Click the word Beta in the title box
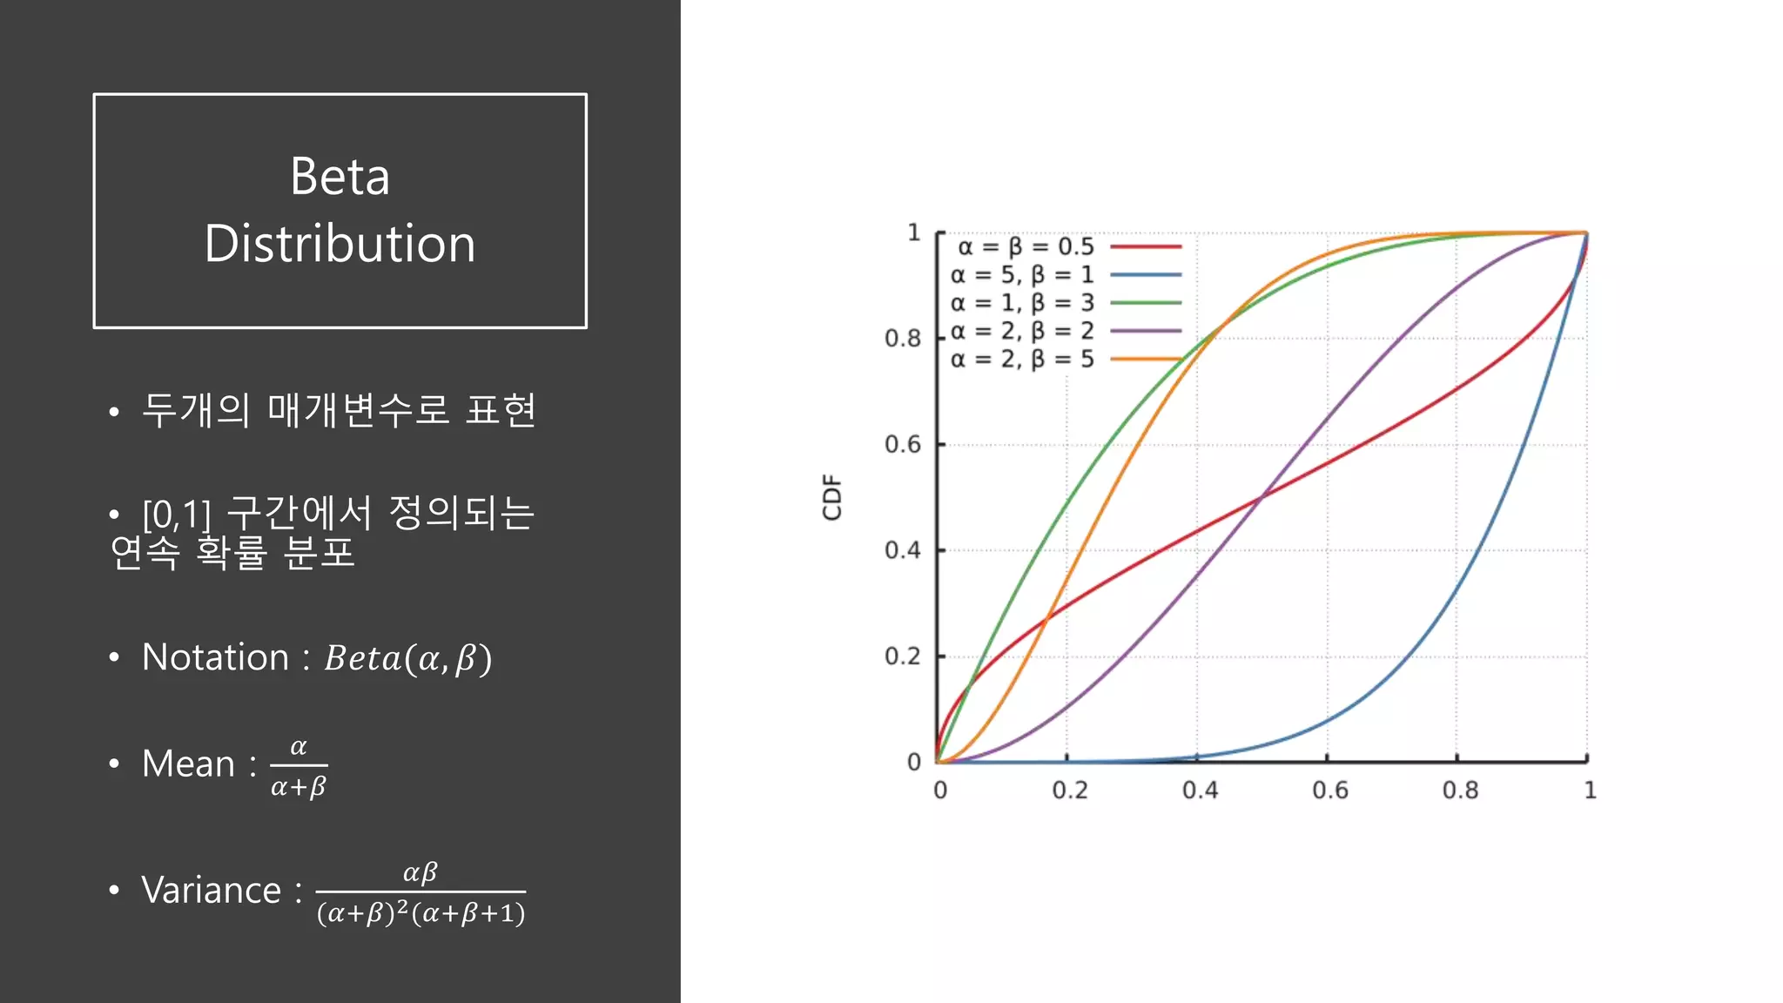coord(340,177)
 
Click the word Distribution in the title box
coord(340,244)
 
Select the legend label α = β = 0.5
coord(1026,247)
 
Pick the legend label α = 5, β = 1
coord(1022,275)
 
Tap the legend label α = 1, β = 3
coord(1022,303)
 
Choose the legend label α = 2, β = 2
coord(1022,331)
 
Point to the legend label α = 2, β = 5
coord(1022,359)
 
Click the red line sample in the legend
coord(1146,247)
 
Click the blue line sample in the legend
coord(1146,275)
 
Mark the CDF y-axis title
coord(832,497)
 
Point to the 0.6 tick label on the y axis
coord(903,445)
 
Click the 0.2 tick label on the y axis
coord(903,656)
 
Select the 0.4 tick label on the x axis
coord(1200,791)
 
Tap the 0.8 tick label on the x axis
coord(1460,791)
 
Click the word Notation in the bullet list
coord(215,657)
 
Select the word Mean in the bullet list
coord(188,764)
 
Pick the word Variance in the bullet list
coord(212,891)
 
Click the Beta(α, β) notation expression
coord(408,658)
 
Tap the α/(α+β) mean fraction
coord(299,767)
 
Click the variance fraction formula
coord(421,893)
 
